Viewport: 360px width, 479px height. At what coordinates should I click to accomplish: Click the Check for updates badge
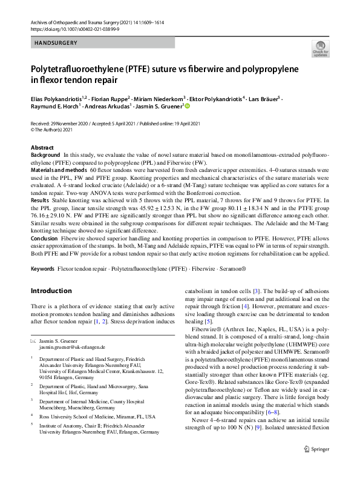(320, 48)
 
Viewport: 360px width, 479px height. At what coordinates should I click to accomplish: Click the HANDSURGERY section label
(54, 43)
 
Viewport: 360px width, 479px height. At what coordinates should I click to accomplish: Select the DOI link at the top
(67, 28)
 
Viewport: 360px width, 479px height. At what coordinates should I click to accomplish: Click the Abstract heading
(43, 148)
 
